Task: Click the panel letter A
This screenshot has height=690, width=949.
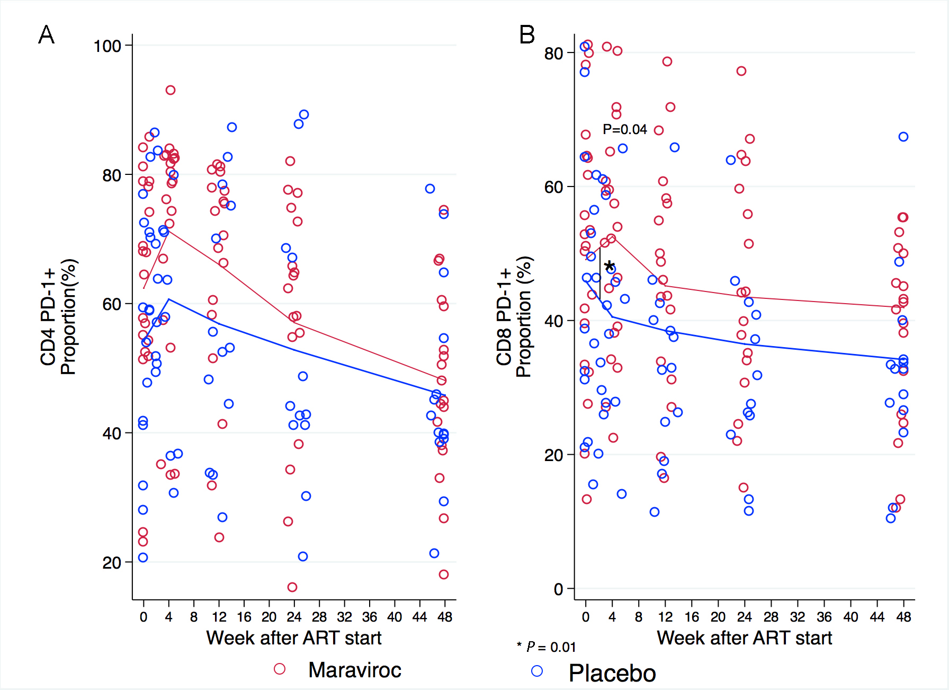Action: coord(47,35)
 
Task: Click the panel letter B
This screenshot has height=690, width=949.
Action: coord(527,35)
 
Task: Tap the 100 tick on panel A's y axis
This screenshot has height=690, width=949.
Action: coord(108,46)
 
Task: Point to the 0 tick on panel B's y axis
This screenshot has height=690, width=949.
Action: coord(558,589)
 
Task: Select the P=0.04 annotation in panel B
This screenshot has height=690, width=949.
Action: coord(625,129)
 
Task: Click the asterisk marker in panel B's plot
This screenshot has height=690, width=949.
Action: coord(610,267)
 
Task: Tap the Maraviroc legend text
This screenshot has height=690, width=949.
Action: coord(355,670)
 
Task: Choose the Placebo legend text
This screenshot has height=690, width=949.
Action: coord(612,673)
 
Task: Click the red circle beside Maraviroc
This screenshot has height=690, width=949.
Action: coord(280,669)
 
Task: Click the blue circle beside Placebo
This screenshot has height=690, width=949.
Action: coord(537,671)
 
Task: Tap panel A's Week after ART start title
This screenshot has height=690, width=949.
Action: coord(294,638)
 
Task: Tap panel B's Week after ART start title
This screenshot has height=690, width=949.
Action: coord(744,638)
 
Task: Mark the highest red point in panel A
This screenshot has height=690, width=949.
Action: coord(170,90)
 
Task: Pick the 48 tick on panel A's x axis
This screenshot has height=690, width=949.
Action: coord(445,617)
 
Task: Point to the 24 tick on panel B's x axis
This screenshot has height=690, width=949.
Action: coord(745,617)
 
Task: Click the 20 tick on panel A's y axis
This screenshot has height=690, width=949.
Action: coord(112,563)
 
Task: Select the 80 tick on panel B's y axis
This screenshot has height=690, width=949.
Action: coord(553,53)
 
